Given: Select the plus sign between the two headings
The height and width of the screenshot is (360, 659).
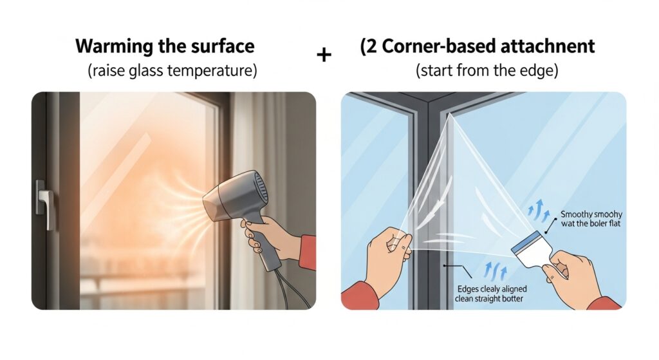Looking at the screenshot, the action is click(x=324, y=55).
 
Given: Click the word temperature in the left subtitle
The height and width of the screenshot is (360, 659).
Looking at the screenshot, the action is click(x=211, y=71).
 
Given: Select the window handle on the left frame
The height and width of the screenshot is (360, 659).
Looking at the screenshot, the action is click(x=44, y=204).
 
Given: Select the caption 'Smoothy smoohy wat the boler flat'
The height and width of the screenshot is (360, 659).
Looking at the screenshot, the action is click(x=591, y=219).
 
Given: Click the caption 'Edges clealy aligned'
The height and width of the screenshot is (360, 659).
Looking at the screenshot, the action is click(x=492, y=289).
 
